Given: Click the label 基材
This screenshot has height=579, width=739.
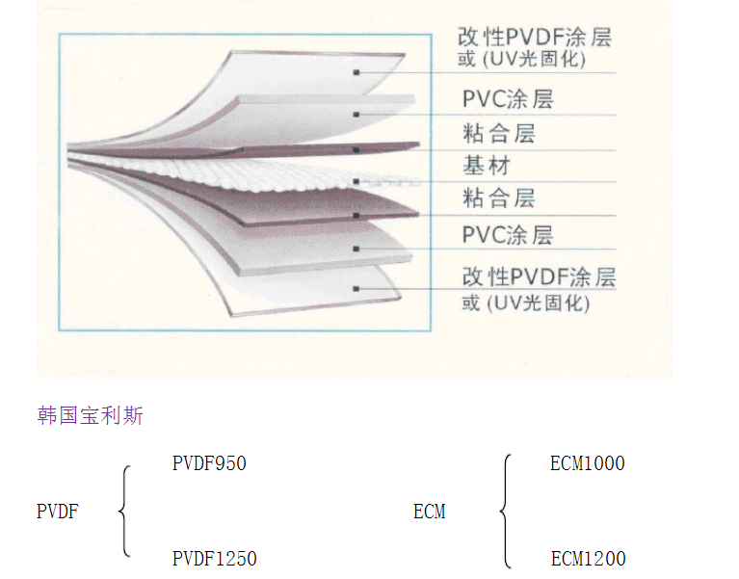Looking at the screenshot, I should (x=486, y=165).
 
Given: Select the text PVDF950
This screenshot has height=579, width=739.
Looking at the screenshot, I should (x=209, y=463).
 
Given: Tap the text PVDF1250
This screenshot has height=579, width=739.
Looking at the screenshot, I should (x=214, y=559).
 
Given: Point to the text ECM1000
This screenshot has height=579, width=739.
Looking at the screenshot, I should (x=587, y=463).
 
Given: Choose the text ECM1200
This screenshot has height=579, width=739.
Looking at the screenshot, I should (x=588, y=559).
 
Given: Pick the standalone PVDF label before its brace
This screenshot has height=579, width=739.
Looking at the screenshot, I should (x=57, y=512).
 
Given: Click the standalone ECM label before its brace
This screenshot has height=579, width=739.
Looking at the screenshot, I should (x=429, y=512).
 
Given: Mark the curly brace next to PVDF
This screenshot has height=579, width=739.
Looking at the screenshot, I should (x=124, y=512).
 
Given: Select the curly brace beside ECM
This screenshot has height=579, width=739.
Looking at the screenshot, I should (x=504, y=512).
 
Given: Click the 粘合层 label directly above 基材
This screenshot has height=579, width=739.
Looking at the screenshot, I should (x=498, y=132).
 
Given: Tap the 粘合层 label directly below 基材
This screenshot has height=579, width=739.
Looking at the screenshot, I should (x=498, y=198).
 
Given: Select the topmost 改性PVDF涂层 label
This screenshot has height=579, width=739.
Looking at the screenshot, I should (x=535, y=38).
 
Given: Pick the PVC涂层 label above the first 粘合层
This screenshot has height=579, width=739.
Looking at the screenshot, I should (x=507, y=98).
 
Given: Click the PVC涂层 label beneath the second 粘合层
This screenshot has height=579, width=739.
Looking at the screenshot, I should (x=507, y=235).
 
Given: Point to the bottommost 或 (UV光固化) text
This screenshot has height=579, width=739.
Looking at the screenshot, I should (x=525, y=303).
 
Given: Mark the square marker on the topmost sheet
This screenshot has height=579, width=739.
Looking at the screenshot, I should (x=356, y=72).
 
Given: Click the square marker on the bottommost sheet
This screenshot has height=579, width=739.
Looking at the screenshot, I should (x=356, y=287).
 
